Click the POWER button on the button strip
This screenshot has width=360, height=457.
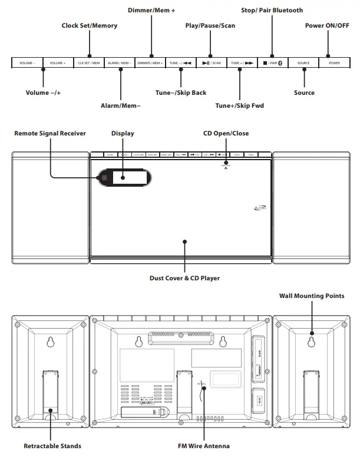pos(334,62)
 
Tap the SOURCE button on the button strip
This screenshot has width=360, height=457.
pos(303,62)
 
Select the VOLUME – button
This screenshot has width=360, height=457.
pos(27,62)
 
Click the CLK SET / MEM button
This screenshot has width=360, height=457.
pos(88,62)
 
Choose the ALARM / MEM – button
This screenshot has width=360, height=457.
pos(119,62)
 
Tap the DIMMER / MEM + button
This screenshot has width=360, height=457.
pos(150,62)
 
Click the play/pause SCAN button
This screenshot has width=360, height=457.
pos(211,62)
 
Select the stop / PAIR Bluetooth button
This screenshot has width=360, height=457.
pos(272,62)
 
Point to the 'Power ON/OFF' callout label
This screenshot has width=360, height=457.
pos(327,25)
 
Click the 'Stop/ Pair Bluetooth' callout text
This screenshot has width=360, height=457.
pos(272,10)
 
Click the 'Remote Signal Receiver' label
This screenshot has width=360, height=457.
pos(50,134)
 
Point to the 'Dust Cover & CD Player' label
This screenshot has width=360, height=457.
pos(184,278)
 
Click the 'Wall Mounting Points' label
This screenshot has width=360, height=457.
pos(312,296)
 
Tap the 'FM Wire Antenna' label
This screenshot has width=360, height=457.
pos(203,446)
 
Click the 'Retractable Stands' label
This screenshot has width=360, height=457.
pos(52,446)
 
